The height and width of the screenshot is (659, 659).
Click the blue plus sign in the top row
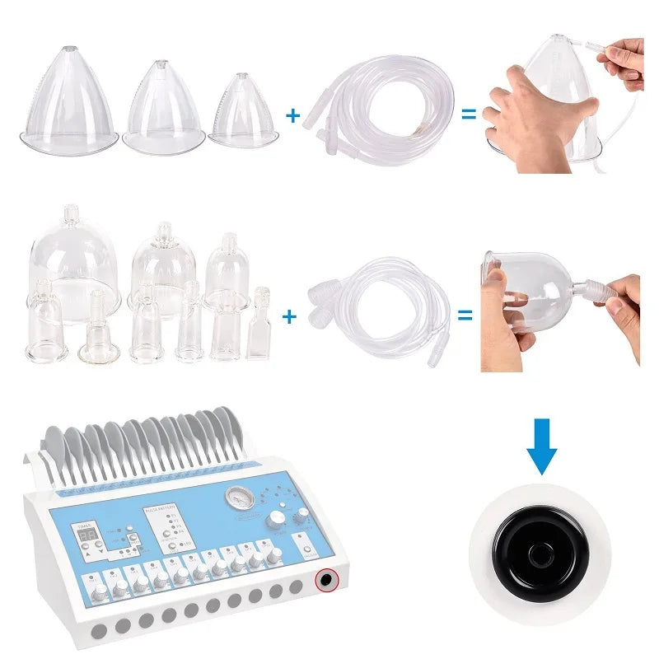[292, 115]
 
